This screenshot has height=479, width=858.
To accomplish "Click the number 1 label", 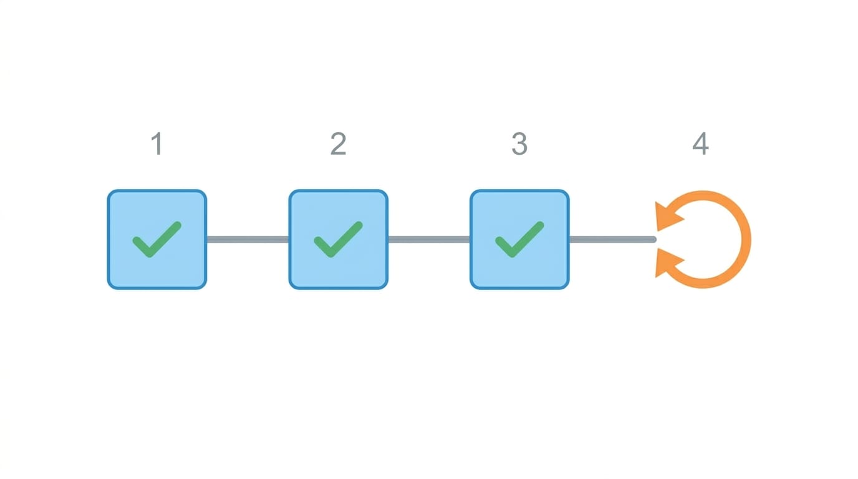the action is click(157, 143).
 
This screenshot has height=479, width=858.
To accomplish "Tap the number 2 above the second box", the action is click(338, 143).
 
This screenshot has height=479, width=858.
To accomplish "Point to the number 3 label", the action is click(519, 143).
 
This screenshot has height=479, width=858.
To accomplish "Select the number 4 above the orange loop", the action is click(701, 143).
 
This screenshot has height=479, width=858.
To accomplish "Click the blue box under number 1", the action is click(157, 239).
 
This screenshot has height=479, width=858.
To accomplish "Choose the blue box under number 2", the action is click(338, 239).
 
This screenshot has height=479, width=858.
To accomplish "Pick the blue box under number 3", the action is click(519, 239).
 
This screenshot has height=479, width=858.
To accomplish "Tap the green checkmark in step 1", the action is click(157, 239).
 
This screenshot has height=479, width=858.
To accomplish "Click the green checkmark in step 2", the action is click(338, 239).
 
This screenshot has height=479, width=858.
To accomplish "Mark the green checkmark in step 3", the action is click(519, 239).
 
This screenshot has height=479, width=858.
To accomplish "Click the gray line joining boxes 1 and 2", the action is click(248, 239).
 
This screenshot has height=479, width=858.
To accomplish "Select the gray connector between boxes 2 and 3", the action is click(429, 239).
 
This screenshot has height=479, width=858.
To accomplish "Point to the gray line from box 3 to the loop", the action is click(613, 239).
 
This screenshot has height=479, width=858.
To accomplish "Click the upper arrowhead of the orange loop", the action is click(667, 216).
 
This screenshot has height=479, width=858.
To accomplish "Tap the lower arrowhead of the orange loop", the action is click(667, 263).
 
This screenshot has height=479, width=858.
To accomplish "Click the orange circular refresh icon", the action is click(746, 239).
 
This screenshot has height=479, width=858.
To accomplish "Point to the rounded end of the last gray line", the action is click(654, 239).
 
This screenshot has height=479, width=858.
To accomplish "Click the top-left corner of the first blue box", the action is click(108, 190).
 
